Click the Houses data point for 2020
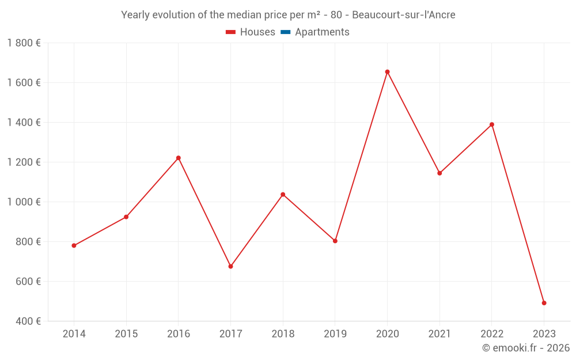(x=387, y=72)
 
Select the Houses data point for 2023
(x=544, y=303)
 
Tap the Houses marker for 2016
(x=179, y=158)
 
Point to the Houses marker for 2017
(x=230, y=267)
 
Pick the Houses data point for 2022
(x=492, y=124)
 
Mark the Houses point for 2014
(x=74, y=245)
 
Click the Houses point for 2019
(x=335, y=241)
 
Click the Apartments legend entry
(x=321, y=32)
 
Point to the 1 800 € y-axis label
(x=24, y=43)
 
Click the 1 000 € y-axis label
(x=24, y=202)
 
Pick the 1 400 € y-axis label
(x=24, y=123)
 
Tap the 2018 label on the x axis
(x=283, y=334)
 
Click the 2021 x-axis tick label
(x=439, y=334)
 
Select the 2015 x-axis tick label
(x=126, y=334)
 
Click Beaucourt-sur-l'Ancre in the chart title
(x=403, y=15)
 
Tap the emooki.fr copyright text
(x=526, y=348)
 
